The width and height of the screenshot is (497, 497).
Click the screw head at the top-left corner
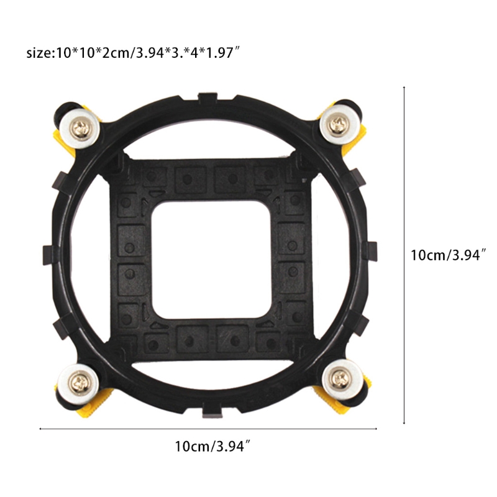(x=83, y=128)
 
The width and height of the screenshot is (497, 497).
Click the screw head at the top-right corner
(x=339, y=123)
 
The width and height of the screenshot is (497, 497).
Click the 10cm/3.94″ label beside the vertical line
(x=447, y=255)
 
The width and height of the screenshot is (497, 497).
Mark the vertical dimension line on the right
(x=404, y=255)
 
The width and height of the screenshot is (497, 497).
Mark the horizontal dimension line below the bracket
(x=208, y=428)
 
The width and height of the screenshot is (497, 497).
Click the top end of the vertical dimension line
(x=404, y=87)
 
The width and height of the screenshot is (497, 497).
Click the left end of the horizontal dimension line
(x=40, y=428)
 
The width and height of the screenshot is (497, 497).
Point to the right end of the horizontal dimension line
(x=376, y=428)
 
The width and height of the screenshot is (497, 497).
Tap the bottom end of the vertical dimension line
(x=404, y=424)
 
